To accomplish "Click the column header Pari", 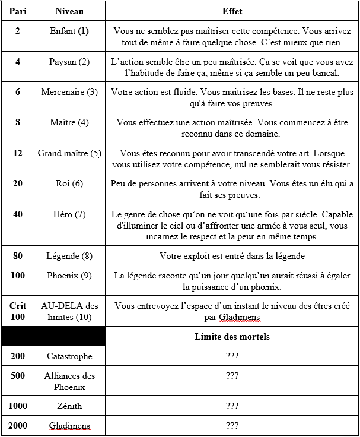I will [x=17, y=11].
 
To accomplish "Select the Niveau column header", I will [x=69, y=11].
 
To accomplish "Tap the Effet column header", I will [x=232, y=11].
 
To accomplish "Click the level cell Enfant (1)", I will [x=69, y=31].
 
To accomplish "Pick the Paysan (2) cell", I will [x=69, y=62].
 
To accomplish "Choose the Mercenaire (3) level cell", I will [x=69, y=92].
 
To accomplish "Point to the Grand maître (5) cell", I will [x=69, y=153].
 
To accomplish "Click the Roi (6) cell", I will [x=69, y=183].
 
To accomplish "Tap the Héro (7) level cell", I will [x=69, y=214].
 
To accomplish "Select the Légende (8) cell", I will [x=69, y=256].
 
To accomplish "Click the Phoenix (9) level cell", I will [x=69, y=275].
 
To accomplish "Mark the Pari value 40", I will [x=17, y=214].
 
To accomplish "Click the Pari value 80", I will [x=17, y=256].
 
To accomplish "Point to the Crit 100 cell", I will [x=17, y=311].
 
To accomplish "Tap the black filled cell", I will [x=53, y=337].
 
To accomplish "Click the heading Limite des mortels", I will [x=232, y=337].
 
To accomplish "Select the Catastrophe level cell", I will [x=69, y=356].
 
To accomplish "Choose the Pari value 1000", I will [x=17, y=406].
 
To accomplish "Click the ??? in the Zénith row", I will [x=232, y=406].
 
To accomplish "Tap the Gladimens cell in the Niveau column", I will [x=69, y=426].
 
